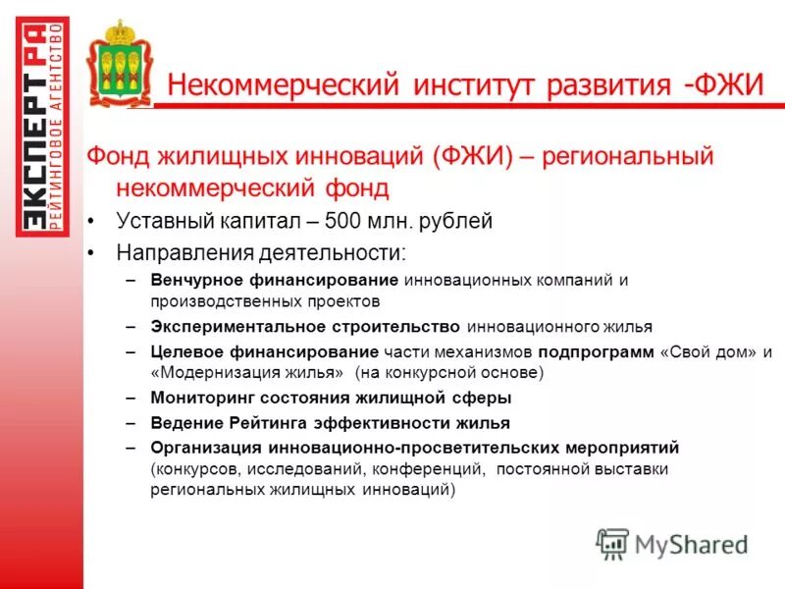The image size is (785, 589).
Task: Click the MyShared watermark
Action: pyautogui.click(x=672, y=543)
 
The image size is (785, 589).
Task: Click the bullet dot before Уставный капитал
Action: pyautogui.click(x=91, y=221)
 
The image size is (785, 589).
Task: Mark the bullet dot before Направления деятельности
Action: pyautogui.click(x=91, y=253)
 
